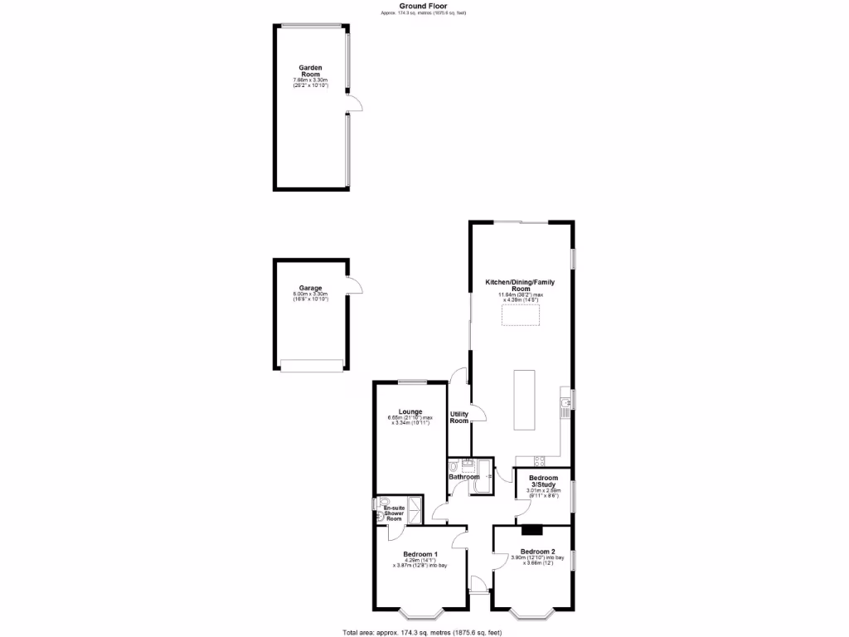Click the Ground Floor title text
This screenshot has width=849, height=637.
click(424, 6)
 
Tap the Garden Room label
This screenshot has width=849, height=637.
click(311, 71)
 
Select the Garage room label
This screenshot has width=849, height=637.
click(311, 289)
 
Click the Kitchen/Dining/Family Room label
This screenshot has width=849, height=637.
click(520, 285)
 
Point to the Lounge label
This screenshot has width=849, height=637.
click(410, 411)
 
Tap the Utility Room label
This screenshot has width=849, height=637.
click(459, 417)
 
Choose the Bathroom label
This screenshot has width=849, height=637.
click(464, 477)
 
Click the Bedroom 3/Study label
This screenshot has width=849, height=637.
click(544, 481)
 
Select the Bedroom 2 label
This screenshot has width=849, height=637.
click(537, 552)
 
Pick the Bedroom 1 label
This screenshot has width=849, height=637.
click(420, 554)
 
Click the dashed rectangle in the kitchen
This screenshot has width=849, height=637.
click(521, 316)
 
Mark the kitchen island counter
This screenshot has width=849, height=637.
click(524, 401)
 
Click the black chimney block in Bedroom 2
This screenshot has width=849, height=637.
click(531, 530)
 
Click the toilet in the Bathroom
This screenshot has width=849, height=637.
click(454, 467)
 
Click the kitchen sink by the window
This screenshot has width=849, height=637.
click(565, 406)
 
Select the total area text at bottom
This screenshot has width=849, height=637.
click(424, 632)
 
